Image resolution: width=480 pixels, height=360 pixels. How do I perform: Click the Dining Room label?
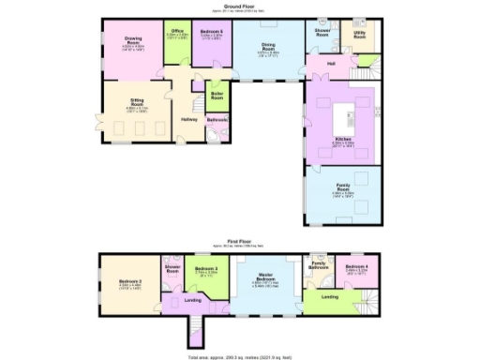coord(268,48)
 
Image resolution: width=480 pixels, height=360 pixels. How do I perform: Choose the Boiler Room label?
coord(217,96)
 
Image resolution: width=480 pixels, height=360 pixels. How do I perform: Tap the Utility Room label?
coord(360,33)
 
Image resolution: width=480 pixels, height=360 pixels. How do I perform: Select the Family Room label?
coord(343,187)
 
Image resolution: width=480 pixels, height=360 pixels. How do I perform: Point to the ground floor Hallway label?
coord(189,119)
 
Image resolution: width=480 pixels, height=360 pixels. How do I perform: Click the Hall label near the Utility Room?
coord(331,64)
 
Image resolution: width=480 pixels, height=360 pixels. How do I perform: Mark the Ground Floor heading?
coord(241,4)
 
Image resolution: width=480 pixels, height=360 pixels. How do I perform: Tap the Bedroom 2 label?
coord(130,281)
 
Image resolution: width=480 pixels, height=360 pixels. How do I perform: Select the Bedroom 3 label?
coord(207,270)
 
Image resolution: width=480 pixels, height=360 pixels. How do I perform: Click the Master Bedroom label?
coord(266,278)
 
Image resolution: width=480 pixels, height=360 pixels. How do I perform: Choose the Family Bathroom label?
coord(320,265)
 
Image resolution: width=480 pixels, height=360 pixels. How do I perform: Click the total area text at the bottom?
coord(240,354)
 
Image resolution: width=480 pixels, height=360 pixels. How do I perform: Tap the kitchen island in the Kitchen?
coord(343,112)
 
